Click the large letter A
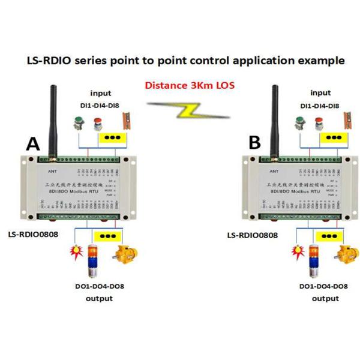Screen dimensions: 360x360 (x=33, y=145)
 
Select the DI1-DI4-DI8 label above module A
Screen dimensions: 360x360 (x=100, y=106)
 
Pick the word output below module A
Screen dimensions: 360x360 (x=99, y=298)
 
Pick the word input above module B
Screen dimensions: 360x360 (x=321, y=93)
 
